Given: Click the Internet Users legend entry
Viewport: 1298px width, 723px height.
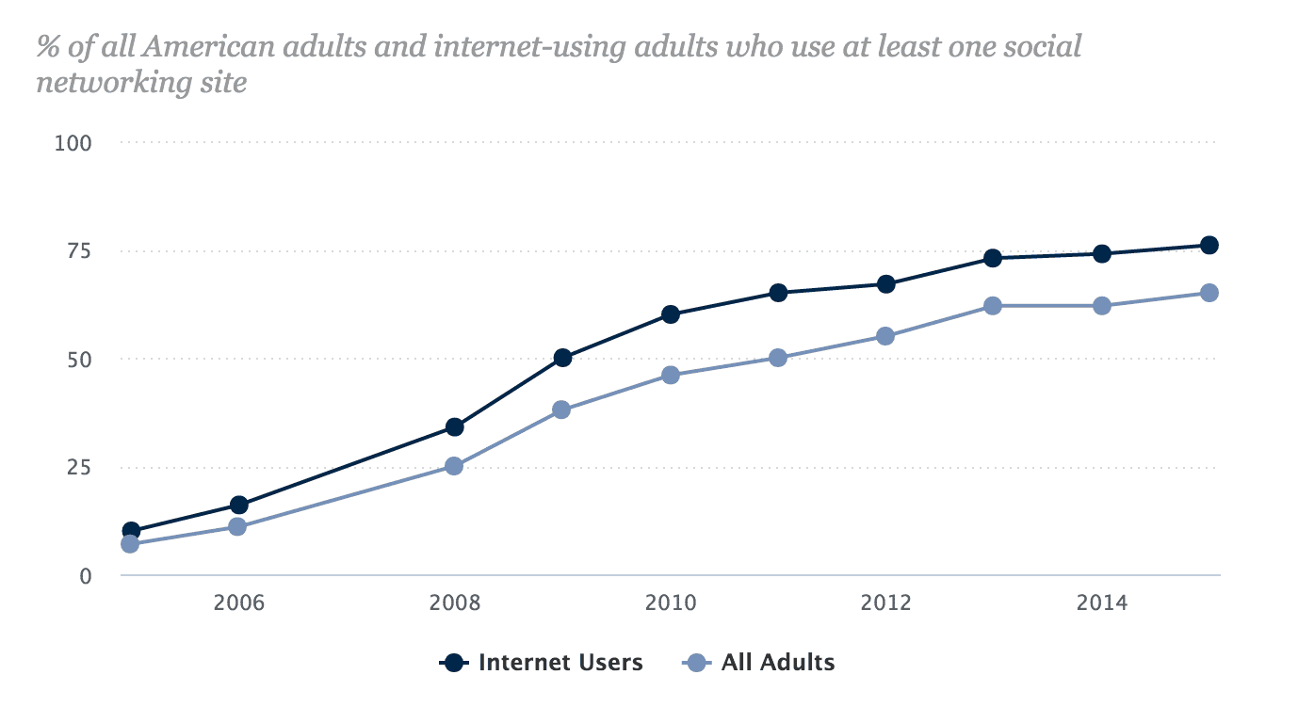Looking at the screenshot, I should [543, 663].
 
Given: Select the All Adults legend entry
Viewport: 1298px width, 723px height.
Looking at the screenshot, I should [759, 663].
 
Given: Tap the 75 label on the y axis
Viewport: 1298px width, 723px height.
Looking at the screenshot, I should [81, 251].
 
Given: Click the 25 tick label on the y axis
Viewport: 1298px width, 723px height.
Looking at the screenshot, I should [81, 468].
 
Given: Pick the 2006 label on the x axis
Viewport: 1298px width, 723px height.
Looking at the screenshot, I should [238, 602].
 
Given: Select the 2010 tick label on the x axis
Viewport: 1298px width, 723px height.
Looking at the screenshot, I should [671, 602].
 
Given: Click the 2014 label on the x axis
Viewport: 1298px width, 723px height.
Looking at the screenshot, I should [1102, 602].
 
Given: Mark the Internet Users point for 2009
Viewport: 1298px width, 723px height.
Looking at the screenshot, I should [562, 358].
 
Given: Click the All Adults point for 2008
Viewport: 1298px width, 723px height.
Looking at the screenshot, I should [454, 466].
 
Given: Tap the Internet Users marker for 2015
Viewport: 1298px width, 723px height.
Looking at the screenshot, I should [1209, 246].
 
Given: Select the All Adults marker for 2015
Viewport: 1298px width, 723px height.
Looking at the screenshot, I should [1209, 293].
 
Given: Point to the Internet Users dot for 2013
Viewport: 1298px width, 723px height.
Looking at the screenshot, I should [993, 258].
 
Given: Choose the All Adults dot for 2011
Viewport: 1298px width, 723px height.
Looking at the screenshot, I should [778, 358].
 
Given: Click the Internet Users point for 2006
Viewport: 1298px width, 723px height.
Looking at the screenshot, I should [238, 506].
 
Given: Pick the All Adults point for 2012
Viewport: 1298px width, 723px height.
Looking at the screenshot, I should [885, 336].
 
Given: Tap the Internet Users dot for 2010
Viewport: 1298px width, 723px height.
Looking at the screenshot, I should [671, 314].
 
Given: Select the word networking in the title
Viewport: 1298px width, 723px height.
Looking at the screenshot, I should [105, 83].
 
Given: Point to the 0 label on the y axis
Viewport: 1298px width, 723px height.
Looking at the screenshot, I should [85, 576].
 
